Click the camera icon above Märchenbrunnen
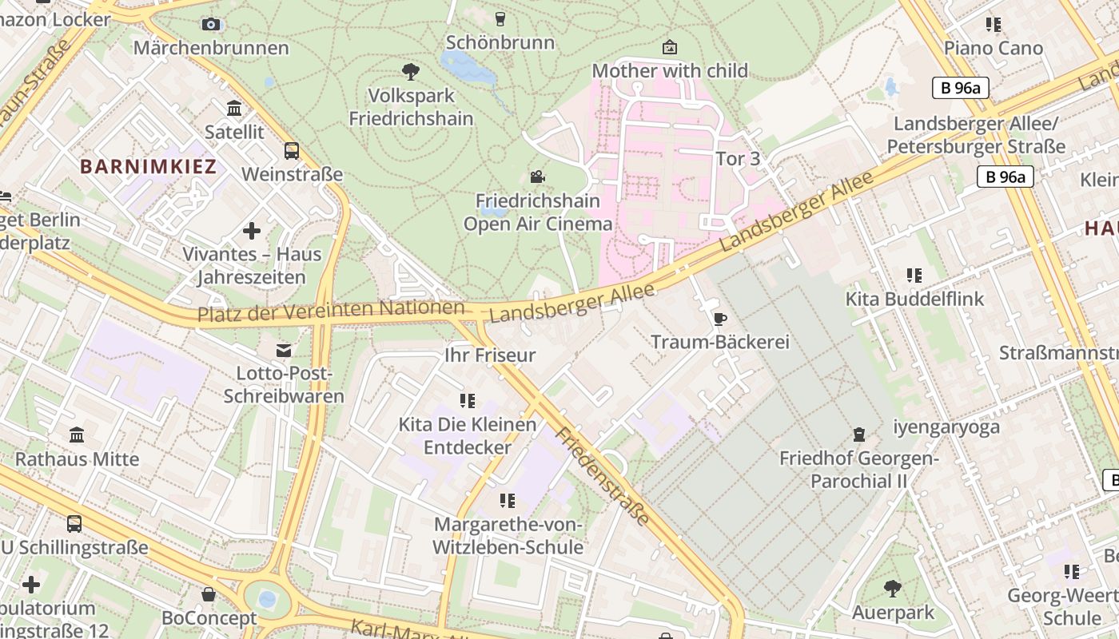[x=211, y=25]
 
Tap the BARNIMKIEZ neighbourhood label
[x=149, y=167]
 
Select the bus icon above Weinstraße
[x=292, y=150]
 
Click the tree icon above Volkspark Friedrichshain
[x=411, y=72]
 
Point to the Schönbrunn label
[x=500, y=42]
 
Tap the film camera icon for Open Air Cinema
[x=538, y=177]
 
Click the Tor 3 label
[x=738, y=159]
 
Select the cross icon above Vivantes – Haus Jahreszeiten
[x=252, y=231]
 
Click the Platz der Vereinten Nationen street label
[x=331, y=310]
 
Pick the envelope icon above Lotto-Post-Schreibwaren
[x=284, y=350]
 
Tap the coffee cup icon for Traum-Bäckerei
[x=720, y=319]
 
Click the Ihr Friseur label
[x=490, y=355]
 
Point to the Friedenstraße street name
[x=603, y=476]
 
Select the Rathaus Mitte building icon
[x=78, y=435]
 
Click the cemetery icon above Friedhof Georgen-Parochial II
[x=859, y=435]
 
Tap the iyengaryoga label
[x=946, y=427]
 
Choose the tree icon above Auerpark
[x=893, y=589]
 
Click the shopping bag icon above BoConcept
[x=209, y=594]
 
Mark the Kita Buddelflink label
[x=915, y=300]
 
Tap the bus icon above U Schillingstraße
[x=74, y=524]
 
